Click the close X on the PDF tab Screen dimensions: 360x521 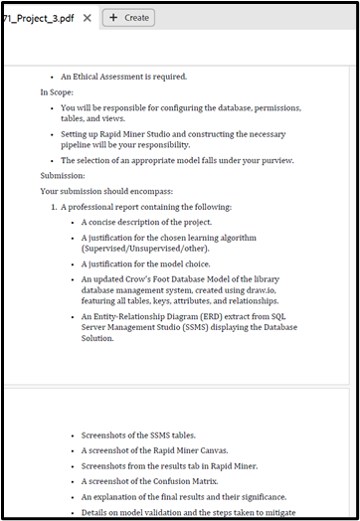pyautogui.click(x=88, y=17)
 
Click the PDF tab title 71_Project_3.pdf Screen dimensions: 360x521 pyautogui.click(x=39, y=17)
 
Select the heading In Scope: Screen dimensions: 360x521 pyautogui.click(x=58, y=91)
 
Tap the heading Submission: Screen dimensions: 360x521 pyautogui.click(x=63, y=174)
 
